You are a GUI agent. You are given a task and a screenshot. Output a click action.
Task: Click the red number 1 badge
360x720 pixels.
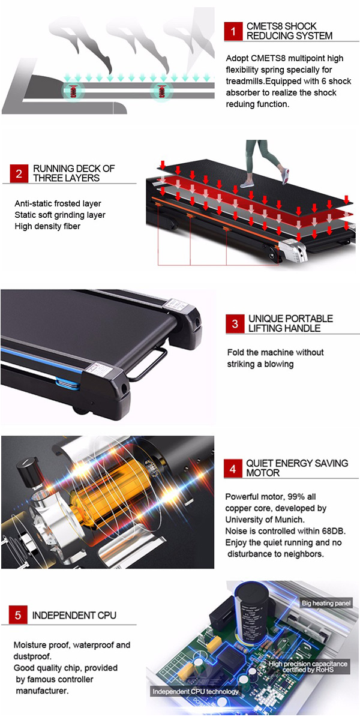click(233, 31)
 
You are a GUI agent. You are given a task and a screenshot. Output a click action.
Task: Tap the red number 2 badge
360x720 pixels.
click(19, 173)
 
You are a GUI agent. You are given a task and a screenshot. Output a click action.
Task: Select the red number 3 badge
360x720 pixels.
click(235, 323)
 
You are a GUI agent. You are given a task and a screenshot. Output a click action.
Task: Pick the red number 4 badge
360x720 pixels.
click(233, 469)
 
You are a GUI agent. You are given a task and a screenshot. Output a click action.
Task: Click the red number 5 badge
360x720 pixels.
click(18, 615)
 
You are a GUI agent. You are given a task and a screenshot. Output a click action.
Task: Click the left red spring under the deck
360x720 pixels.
click(74, 91)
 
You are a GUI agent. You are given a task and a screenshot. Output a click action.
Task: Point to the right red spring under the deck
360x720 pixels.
click(161, 91)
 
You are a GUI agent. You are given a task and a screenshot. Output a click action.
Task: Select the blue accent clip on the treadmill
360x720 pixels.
click(67, 383)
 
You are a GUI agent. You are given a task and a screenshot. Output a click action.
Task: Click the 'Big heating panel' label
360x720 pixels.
click(326, 603)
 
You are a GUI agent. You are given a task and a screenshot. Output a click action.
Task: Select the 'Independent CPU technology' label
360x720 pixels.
click(196, 691)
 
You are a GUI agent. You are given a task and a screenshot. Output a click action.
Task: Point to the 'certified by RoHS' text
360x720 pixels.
click(308, 670)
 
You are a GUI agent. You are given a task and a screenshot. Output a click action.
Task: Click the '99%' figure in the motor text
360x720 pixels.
click(296, 497)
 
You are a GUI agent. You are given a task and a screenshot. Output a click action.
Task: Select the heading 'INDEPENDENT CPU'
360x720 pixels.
click(74, 615)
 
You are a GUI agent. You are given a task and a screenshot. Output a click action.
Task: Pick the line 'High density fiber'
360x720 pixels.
click(47, 226)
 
